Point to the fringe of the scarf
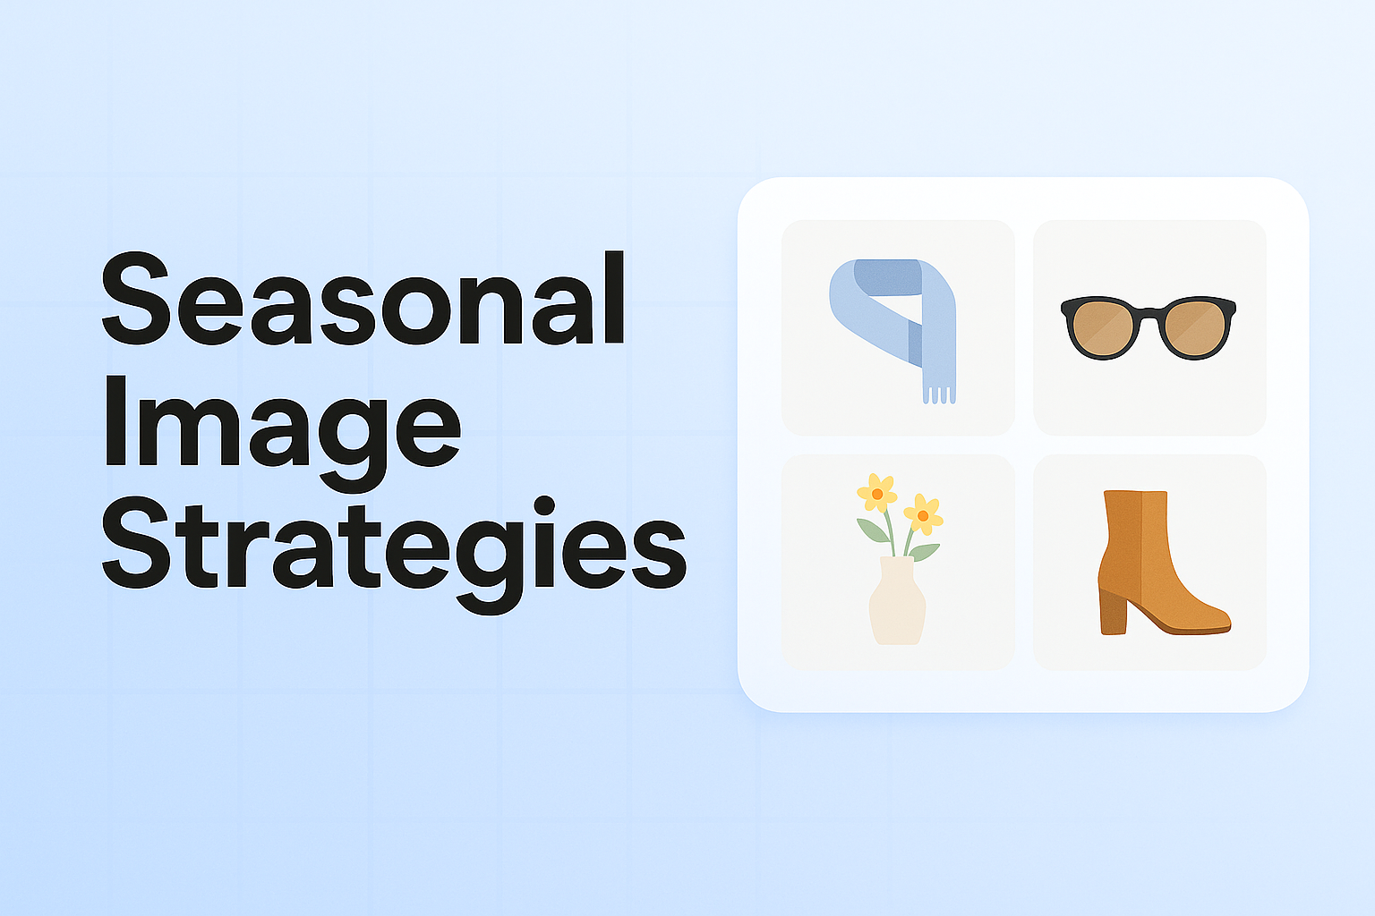[938, 393]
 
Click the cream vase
[897, 603]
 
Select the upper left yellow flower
[876, 493]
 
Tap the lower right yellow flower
[923, 514]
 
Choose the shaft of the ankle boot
[1136, 528]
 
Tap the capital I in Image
[115, 420]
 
